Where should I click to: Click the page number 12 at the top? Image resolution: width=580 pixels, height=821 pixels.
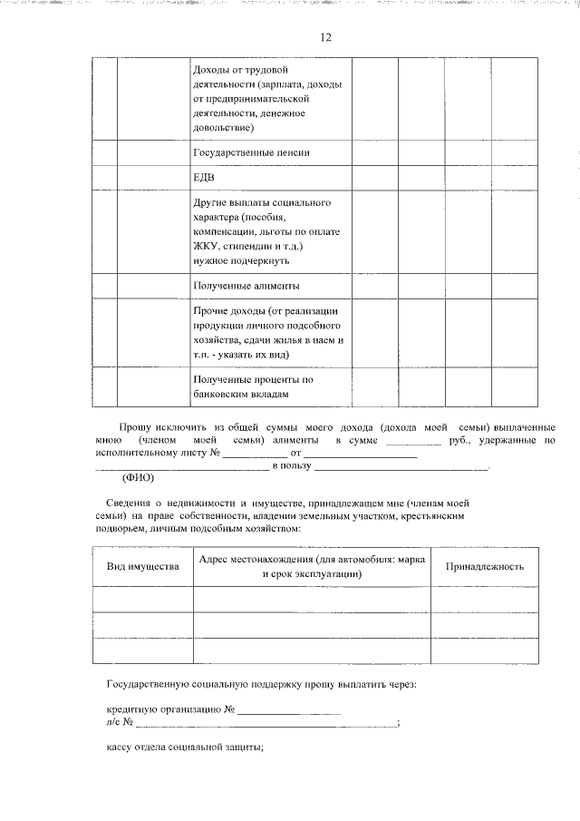pyautogui.click(x=325, y=37)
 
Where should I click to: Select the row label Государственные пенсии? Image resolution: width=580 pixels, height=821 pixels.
pyautogui.click(x=251, y=152)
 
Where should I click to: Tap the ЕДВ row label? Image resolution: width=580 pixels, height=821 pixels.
pyautogui.click(x=204, y=176)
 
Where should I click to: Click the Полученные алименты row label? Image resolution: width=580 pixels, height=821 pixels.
pyautogui.click(x=246, y=285)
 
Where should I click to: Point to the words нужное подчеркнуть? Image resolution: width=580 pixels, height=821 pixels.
pyautogui.click(x=240, y=260)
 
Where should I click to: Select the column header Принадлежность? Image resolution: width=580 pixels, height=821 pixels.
pyautogui.click(x=484, y=566)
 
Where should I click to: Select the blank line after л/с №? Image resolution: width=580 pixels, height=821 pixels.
pyautogui.click(x=266, y=723)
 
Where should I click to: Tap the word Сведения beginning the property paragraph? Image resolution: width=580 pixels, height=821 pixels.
pyautogui.click(x=129, y=502)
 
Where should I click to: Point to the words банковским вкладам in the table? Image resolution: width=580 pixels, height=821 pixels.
pyautogui.click(x=241, y=395)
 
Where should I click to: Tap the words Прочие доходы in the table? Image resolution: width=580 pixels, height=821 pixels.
pyautogui.click(x=227, y=311)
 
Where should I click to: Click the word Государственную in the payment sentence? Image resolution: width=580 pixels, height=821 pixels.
pyautogui.click(x=152, y=683)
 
